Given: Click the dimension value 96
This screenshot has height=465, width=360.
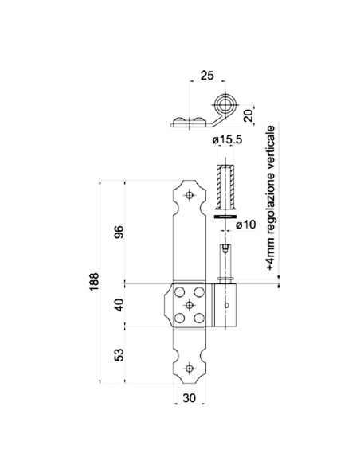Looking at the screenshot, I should [119, 232].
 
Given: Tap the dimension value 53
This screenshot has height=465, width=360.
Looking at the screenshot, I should [119, 353].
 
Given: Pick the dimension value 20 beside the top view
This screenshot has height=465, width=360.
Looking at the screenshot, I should [249, 115].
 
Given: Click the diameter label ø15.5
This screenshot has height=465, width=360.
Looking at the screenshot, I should [228, 141].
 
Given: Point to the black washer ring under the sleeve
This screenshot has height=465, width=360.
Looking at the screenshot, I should [226, 215].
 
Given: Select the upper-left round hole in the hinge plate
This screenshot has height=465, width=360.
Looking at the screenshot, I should [180, 291].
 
